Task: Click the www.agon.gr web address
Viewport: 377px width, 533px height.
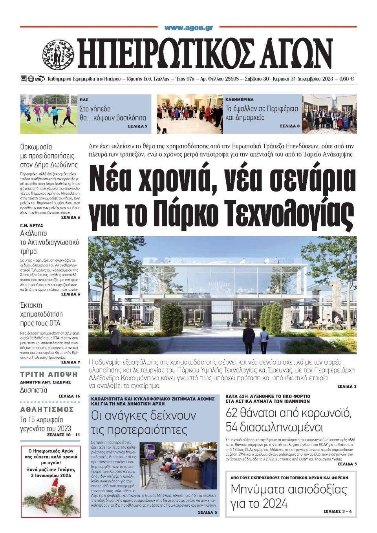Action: point(188,28)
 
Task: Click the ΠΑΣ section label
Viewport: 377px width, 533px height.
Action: point(83,100)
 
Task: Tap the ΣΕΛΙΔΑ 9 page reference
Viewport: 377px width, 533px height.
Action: point(137,126)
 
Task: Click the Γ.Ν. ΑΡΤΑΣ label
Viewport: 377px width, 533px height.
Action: point(32,226)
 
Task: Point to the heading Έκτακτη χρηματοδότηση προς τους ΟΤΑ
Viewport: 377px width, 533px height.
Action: point(41,314)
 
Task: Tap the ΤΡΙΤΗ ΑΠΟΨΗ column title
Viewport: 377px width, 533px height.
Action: point(49,374)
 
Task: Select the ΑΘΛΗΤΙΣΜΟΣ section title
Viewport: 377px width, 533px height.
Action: point(47,409)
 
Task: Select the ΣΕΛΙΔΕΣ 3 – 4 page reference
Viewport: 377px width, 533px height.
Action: point(338,511)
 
